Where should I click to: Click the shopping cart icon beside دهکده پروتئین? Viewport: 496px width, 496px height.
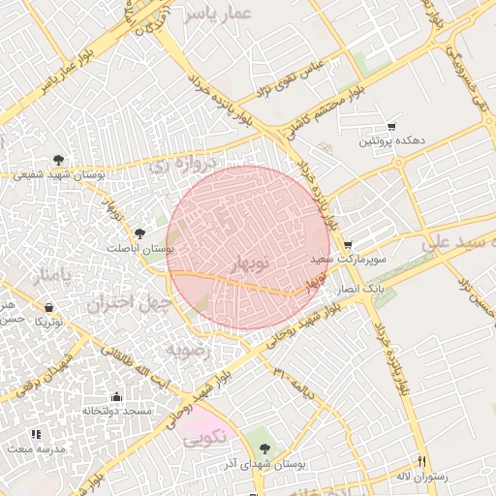391,126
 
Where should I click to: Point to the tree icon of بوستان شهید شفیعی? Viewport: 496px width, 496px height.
59,159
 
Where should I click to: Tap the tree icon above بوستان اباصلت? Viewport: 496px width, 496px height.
140,233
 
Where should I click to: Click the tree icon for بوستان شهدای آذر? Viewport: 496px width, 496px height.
264,449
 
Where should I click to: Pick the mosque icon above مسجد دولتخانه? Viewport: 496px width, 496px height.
117,396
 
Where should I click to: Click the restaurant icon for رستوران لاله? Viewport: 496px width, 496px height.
421,462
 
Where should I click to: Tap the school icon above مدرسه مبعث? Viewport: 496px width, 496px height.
36,435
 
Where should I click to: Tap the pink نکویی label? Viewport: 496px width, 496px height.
204,437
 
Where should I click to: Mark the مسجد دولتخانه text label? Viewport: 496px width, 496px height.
117,412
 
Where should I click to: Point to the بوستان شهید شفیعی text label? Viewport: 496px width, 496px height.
60,175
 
